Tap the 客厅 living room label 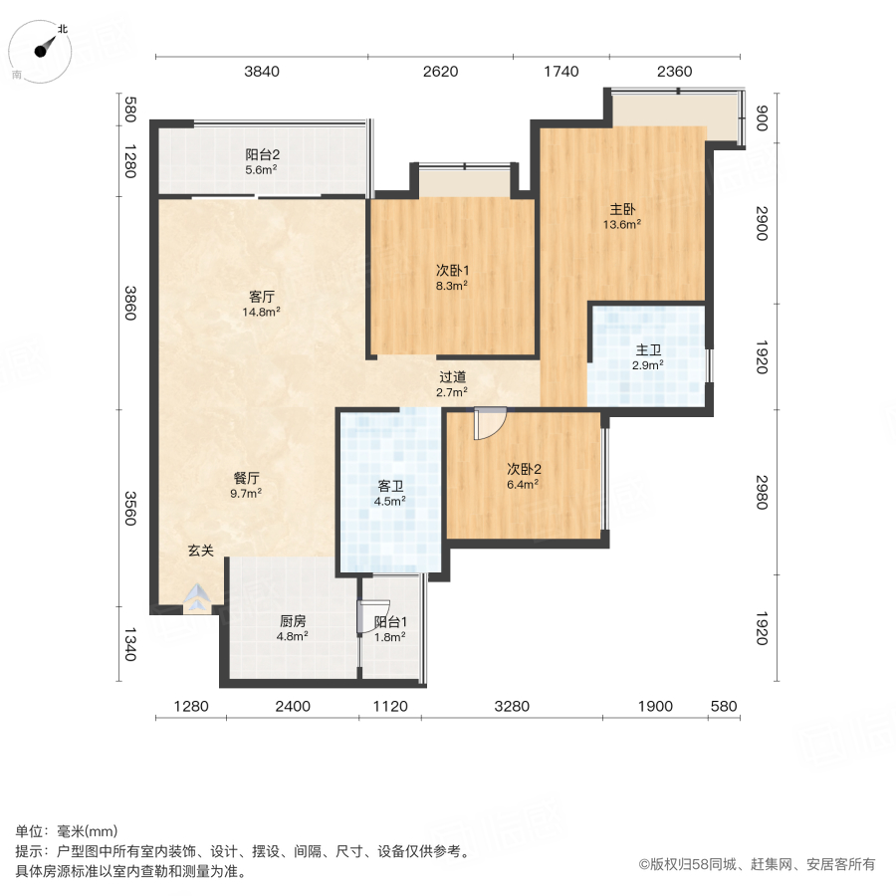(262, 297)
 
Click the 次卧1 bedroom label (451, 269)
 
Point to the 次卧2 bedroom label (523, 469)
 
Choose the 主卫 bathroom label (648, 350)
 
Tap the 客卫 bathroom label (390, 486)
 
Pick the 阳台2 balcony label (262, 154)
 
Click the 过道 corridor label (453, 377)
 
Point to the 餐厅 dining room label (246, 477)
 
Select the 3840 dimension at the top (262, 71)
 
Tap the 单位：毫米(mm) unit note (66, 832)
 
